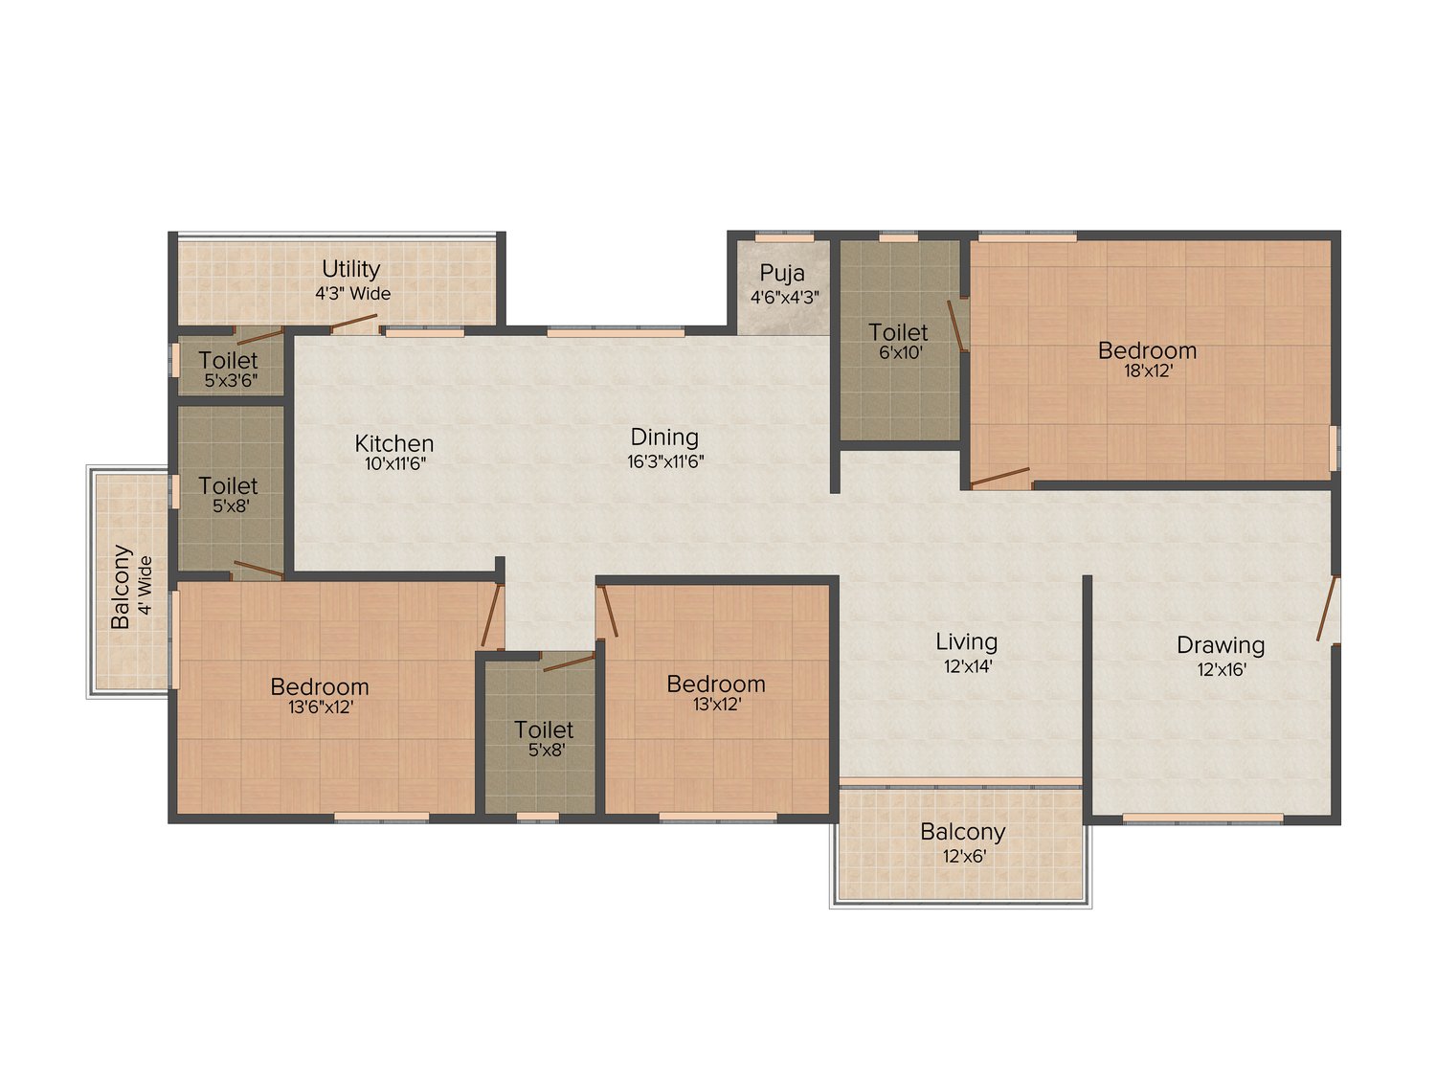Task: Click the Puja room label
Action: pyautogui.click(x=782, y=273)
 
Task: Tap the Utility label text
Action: pyautogui.click(x=350, y=269)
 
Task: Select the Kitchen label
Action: pyautogui.click(x=393, y=443)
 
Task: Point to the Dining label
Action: pyautogui.click(x=664, y=437)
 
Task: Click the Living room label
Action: pyautogui.click(x=966, y=641)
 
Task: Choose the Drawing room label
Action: pyautogui.click(x=1221, y=645)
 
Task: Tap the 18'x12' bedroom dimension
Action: pyautogui.click(x=1148, y=371)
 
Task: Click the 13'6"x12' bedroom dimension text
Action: pyautogui.click(x=320, y=707)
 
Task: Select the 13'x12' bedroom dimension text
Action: pyautogui.click(x=716, y=705)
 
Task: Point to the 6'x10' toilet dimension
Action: pyautogui.click(x=900, y=352)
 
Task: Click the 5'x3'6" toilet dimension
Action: pyautogui.click(x=230, y=380)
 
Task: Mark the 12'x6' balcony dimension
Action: pyautogui.click(x=964, y=856)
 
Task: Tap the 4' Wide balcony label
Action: pyautogui.click(x=145, y=585)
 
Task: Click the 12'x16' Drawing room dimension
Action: pyautogui.click(x=1222, y=669)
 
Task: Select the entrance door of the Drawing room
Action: pyautogui.click(x=1327, y=609)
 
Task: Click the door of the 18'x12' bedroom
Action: pyautogui.click(x=1000, y=477)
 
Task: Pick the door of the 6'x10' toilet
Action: pyautogui.click(x=954, y=325)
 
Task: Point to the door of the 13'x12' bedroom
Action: pyautogui.click(x=609, y=612)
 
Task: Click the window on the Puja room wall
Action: pyautogui.click(x=784, y=236)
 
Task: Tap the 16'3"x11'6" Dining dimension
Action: pyautogui.click(x=665, y=461)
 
